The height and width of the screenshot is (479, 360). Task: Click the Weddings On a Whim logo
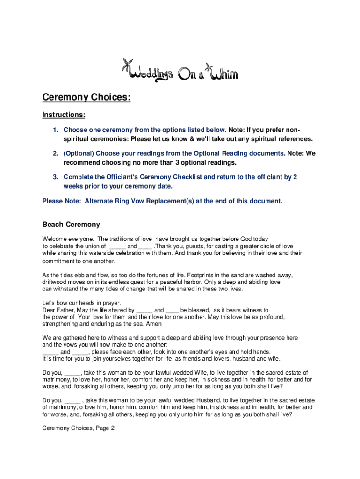[x=180, y=71]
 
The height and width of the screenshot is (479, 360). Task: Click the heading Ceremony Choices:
[x=86, y=97]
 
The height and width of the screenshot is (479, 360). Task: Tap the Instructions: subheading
[x=64, y=115]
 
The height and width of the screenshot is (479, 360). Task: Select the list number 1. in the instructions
[x=56, y=130]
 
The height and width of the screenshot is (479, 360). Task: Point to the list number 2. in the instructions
[x=56, y=153]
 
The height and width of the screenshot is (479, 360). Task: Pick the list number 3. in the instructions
[x=56, y=177]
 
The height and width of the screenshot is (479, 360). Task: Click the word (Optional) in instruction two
[x=79, y=153]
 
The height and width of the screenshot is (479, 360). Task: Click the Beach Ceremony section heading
[x=71, y=225]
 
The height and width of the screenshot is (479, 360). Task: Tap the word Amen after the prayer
[x=154, y=324]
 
